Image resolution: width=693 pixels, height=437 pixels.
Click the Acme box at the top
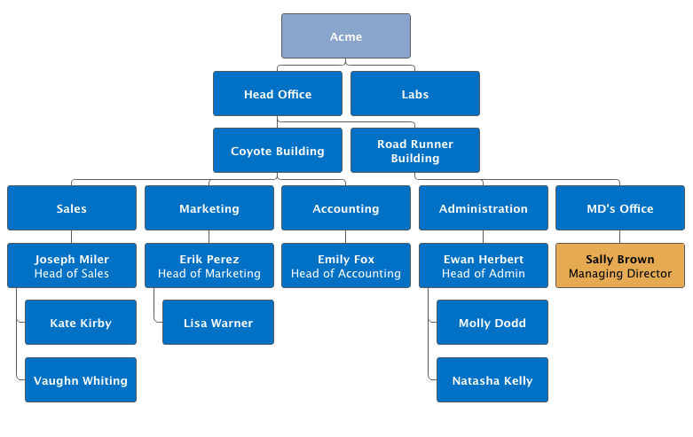[x=346, y=36]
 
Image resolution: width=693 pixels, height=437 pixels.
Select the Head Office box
[x=278, y=94]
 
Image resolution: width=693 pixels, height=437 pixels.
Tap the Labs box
[x=415, y=94]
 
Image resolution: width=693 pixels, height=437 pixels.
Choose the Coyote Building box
[x=278, y=151]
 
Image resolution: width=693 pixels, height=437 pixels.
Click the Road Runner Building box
[x=415, y=151]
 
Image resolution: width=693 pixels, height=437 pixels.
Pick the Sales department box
[x=72, y=208]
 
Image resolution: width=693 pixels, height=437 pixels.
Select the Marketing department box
[x=209, y=208]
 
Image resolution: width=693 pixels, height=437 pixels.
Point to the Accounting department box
[x=346, y=208]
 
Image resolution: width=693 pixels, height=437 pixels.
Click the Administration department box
[x=484, y=208]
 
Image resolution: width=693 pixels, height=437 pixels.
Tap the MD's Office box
[x=620, y=208]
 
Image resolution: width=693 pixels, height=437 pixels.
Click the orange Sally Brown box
[x=620, y=266]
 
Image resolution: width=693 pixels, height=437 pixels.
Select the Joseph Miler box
[x=72, y=266]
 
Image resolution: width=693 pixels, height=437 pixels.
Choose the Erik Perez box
[x=209, y=266]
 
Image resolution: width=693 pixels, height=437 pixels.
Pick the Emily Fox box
[x=346, y=266]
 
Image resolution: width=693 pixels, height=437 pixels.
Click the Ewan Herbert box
[x=484, y=266]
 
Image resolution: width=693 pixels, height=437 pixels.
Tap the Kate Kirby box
[x=81, y=323]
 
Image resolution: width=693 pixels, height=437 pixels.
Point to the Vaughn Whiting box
[x=81, y=380]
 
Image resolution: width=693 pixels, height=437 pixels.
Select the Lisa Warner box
[x=218, y=323]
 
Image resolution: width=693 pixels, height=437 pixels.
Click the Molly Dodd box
[x=492, y=323]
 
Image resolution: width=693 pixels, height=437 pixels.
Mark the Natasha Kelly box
[x=492, y=380]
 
